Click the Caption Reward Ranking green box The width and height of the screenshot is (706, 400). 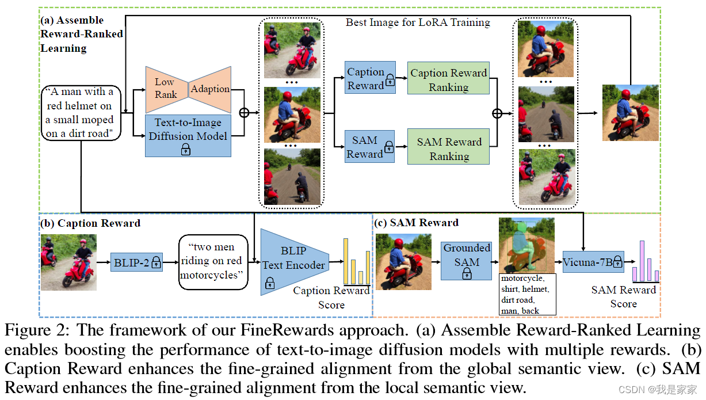coord(448,79)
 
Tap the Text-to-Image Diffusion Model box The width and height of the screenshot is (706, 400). coord(188,135)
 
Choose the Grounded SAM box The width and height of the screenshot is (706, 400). coord(467,261)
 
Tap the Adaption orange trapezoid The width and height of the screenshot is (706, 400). coord(211,88)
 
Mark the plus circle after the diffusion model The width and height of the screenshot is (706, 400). coord(244,112)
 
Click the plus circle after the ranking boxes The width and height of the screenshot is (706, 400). coord(498,113)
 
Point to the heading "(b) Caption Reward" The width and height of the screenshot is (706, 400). coord(90,223)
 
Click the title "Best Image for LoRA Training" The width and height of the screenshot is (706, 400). coord(418,23)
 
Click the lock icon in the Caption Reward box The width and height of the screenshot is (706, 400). coord(390,81)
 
